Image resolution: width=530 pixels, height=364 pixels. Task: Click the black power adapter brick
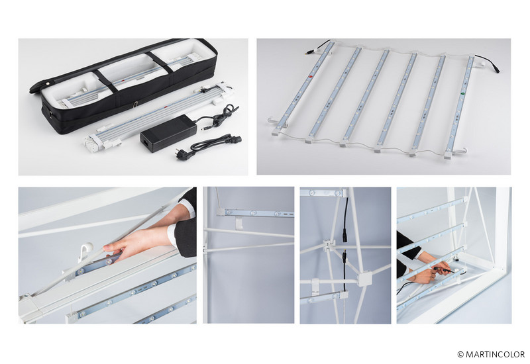tap(168, 133)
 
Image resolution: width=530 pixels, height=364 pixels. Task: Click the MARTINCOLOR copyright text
tap(491, 354)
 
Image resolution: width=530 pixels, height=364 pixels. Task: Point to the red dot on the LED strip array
tap(310, 77)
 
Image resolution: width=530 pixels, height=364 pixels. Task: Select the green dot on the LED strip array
tap(462, 91)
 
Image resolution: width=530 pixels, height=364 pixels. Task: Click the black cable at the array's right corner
tap(488, 63)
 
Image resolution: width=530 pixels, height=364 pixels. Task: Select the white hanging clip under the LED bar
tap(238, 223)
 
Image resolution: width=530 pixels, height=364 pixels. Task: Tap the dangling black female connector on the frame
tap(345, 235)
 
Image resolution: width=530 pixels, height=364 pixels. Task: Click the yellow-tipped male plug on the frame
tap(344, 253)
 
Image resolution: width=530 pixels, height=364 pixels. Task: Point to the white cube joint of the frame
tap(364, 279)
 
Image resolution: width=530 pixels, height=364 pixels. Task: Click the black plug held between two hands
tap(443, 270)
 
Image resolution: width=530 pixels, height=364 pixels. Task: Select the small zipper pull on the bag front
tap(135, 105)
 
